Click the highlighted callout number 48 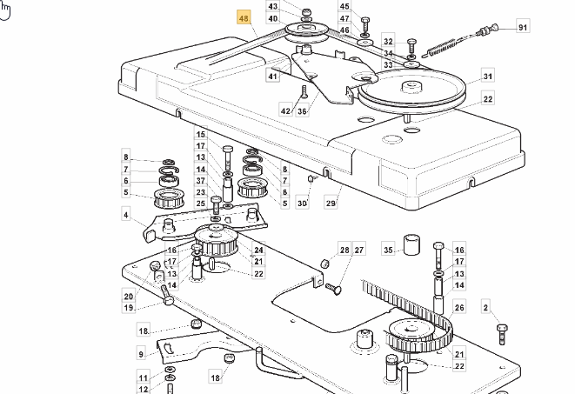point(244,18)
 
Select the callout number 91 point(522,28)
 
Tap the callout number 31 point(488,77)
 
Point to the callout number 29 point(331,203)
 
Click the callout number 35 point(389,250)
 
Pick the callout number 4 point(126,215)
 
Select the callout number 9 point(141,354)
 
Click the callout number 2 point(486,306)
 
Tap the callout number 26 point(460,308)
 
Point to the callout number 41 point(272,77)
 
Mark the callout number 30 point(302,204)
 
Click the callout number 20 point(128,296)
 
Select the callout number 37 point(200,181)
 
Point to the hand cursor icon point(5,10)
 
